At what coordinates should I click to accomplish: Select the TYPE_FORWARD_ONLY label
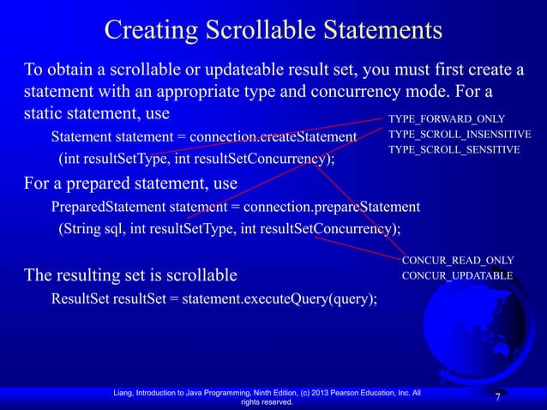pos(446,118)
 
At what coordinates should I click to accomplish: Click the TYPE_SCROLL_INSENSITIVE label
pos(460,135)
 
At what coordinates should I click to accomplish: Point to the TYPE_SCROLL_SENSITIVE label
pos(454,150)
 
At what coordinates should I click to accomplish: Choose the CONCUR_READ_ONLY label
pos(458,260)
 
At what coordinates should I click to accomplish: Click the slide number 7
pos(497,399)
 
